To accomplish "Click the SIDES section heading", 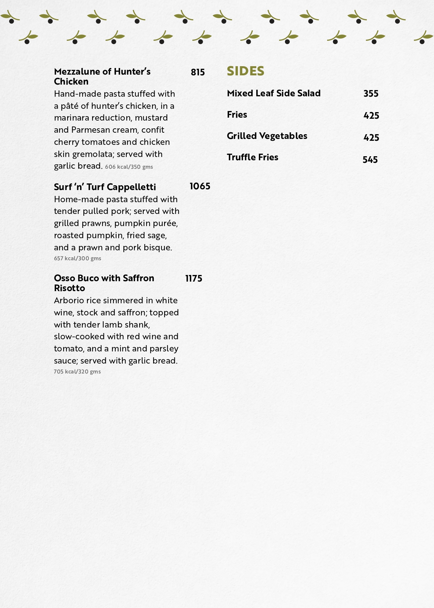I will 245,71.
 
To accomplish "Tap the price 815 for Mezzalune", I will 198,72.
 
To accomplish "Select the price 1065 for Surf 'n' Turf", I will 200,186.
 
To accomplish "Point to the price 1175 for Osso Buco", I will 194,279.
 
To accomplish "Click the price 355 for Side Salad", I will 371,94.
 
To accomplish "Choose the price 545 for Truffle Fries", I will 370,160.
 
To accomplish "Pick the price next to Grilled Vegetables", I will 371,137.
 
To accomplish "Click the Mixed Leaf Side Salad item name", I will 274,93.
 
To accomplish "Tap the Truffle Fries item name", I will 253,157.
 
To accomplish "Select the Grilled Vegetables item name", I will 267,136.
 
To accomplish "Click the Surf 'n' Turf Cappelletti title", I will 105,187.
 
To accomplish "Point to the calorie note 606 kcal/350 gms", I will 129,167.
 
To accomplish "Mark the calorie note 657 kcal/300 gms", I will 77,258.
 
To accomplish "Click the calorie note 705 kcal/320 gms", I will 77,372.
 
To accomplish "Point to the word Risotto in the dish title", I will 69,288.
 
